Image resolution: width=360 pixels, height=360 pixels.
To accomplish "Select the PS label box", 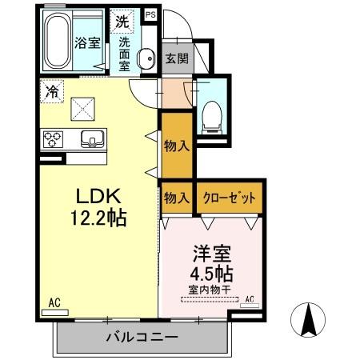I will point(150,14).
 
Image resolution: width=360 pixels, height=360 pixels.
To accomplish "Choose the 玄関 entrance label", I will point(176,58).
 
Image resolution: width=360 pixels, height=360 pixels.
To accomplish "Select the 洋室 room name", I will point(210,255).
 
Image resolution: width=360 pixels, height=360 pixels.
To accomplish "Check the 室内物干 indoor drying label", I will point(210,290).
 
